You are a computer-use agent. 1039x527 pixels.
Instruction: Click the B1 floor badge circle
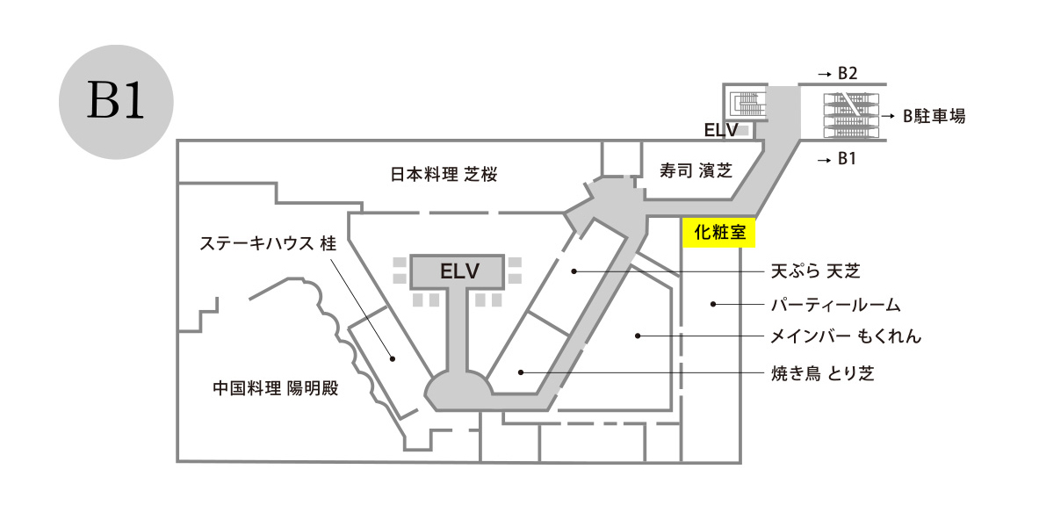116,102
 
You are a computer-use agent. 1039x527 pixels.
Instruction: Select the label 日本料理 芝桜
444,175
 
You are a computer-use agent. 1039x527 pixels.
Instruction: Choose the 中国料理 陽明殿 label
275,387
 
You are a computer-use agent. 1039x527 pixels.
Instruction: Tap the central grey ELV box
459,271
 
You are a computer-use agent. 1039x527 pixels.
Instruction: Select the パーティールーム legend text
835,305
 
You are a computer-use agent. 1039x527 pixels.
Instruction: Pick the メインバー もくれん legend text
846,336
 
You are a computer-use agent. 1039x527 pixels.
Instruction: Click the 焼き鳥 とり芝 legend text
822,373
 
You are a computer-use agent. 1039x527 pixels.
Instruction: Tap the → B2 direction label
836,71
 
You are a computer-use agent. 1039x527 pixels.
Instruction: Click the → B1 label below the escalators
835,159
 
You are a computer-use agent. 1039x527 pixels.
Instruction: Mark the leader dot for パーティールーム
713,305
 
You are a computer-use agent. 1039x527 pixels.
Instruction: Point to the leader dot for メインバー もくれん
639,336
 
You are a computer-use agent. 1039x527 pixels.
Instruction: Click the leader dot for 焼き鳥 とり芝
521,372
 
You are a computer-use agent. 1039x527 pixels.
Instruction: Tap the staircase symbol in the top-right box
746,104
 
